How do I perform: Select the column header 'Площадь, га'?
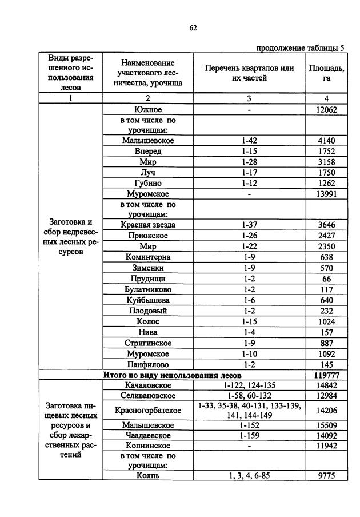tap(326, 73)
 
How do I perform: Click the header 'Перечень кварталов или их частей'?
tap(249, 73)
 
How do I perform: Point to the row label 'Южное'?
tap(148, 109)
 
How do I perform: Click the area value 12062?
tap(326, 109)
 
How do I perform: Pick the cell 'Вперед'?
tap(148, 152)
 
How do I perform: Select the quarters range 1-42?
tap(249, 141)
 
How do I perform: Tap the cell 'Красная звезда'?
tap(148, 225)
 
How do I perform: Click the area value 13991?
tap(326, 194)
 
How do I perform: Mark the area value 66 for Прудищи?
tap(326, 279)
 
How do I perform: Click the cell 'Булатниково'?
tap(148, 289)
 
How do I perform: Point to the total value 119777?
tap(326, 375)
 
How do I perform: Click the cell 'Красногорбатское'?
tap(148, 411)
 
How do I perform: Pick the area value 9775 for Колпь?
tap(326, 476)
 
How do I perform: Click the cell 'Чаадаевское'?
tap(148, 435)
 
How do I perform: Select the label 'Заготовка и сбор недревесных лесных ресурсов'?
tap(69, 236)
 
